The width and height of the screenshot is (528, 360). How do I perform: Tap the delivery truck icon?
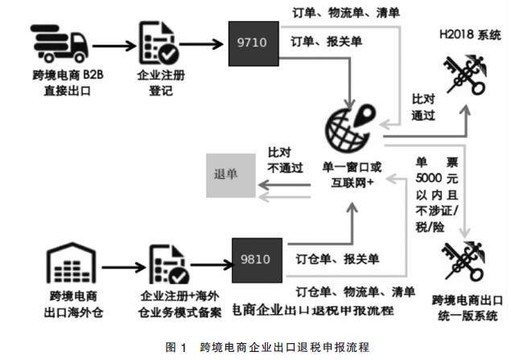coord(60,45)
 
